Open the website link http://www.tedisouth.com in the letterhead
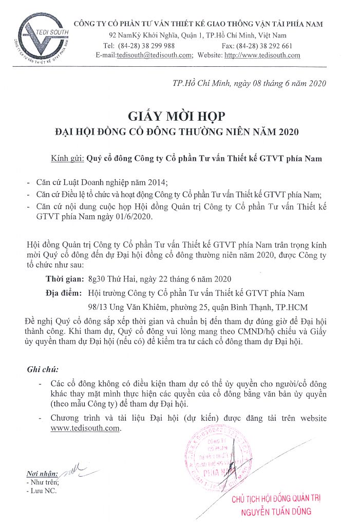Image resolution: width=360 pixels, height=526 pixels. tap(262, 55)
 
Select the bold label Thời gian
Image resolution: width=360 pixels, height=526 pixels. tap(65, 279)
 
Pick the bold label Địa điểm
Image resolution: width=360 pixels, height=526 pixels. tap(63, 293)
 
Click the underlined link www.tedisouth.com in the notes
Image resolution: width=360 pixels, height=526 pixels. tap(86, 428)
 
